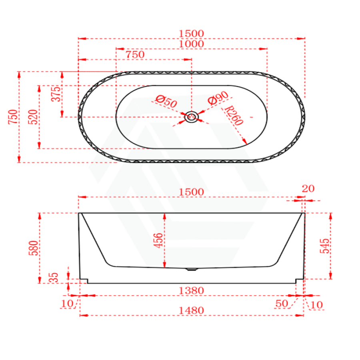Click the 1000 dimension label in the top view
(x=191, y=44)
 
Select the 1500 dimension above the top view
(x=191, y=33)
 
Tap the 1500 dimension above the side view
(x=191, y=192)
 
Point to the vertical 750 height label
(x=13, y=117)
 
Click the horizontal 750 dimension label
(x=135, y=55)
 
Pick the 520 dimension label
(x=34, y=117)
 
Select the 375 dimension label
(x=56, y=94)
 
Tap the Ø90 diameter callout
(x=218, y=98)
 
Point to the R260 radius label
(x=234, y=116)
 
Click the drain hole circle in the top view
(x=192, y=117)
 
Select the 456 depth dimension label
(x=159, y=241)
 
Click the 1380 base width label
(x=191, y=290)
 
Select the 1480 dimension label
(x=191, y=310)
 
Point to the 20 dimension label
(x=309, y=189)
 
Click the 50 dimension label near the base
(x=282, y=304)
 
